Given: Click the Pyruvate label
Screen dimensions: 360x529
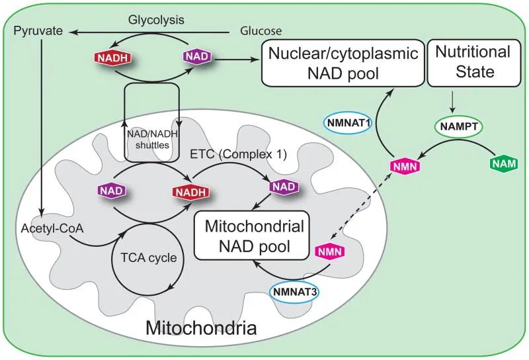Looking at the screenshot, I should coord(34,31).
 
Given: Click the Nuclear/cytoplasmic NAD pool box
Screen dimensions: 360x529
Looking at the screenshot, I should coord(342,64).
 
